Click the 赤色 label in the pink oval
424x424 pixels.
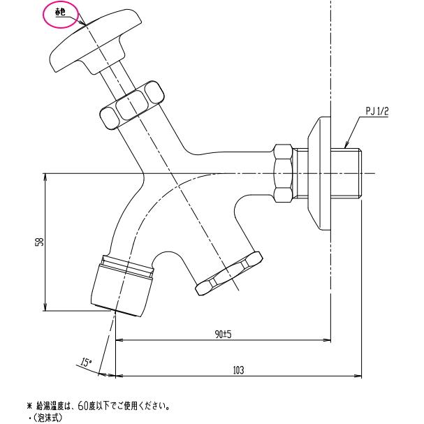click(x=60, y=13)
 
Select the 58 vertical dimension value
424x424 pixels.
click(x=41, y=242)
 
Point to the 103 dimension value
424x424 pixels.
click(x=238, y=370)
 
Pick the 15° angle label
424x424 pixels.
click(x=86, y=363)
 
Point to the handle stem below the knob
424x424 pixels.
click(x=117, y=82)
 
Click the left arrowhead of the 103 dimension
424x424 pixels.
click(x=118, y=375)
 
